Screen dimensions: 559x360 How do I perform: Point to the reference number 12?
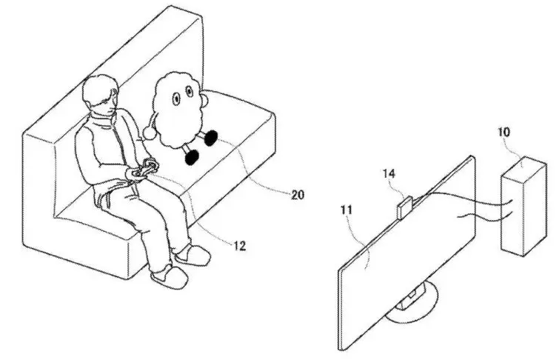(x=238, y=243)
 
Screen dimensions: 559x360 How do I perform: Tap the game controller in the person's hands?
(x=145, y=170)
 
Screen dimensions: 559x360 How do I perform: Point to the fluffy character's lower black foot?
(x=192, y=157)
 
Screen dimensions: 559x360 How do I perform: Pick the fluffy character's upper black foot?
(x=210, y=137)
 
